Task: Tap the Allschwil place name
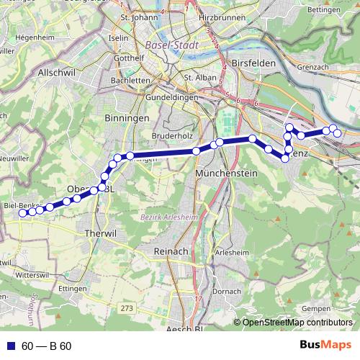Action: point(57,73)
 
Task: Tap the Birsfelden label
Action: point(255,63)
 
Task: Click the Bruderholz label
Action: point(175,135)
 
